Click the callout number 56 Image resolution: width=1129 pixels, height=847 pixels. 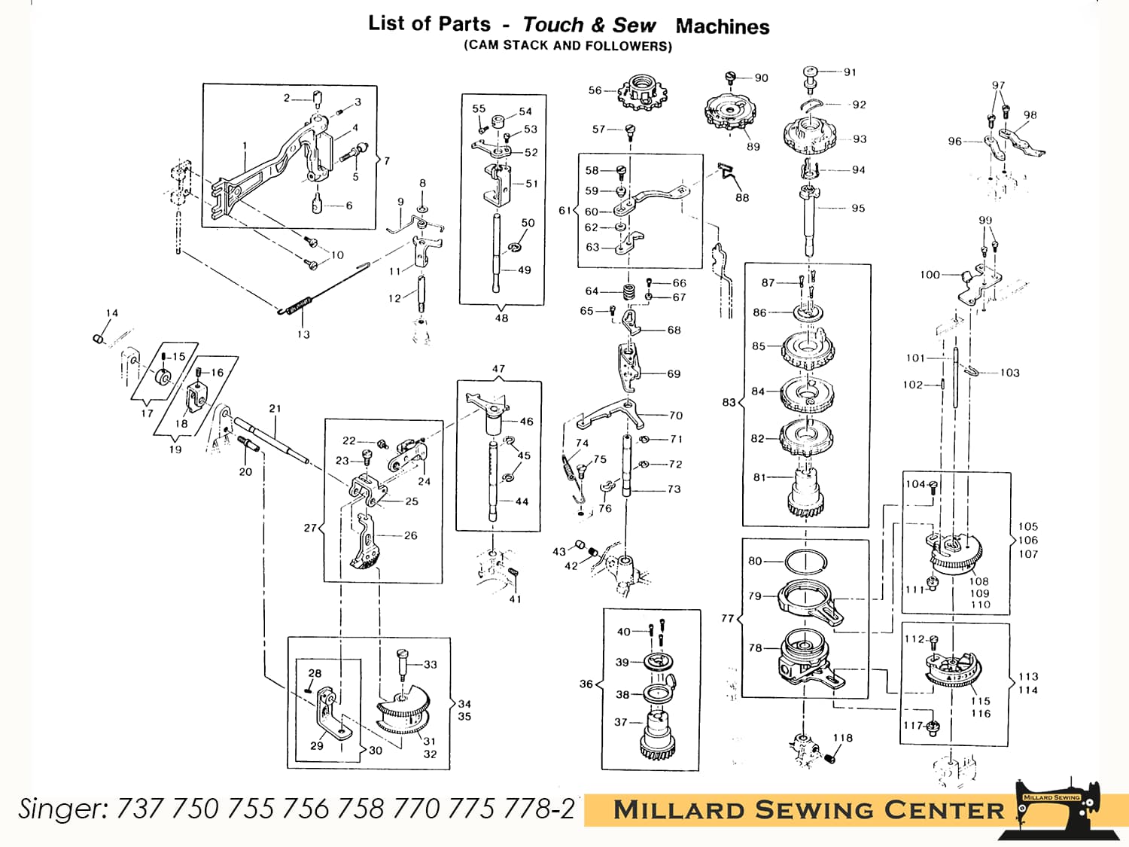tap(595, 90)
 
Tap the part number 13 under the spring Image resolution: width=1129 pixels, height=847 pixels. tap(303, 334)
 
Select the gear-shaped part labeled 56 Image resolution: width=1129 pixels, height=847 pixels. tap(644, 94)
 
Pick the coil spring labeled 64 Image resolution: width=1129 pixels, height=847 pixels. tap(628, 291)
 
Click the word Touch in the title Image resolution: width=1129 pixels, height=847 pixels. tap(553, 25)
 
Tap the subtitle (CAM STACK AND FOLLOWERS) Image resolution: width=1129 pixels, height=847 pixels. tap(568, 46)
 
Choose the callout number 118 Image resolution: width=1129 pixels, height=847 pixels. tap(843, 738)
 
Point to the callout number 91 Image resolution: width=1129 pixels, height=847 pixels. tap(850, 72)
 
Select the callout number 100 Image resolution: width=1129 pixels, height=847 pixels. tap(930, 275)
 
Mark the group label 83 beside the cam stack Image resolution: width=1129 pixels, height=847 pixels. tap(728, 402)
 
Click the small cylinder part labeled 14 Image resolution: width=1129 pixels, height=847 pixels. tap(98, 339)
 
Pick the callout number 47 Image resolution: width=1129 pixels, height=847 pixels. tap(498, 369)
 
